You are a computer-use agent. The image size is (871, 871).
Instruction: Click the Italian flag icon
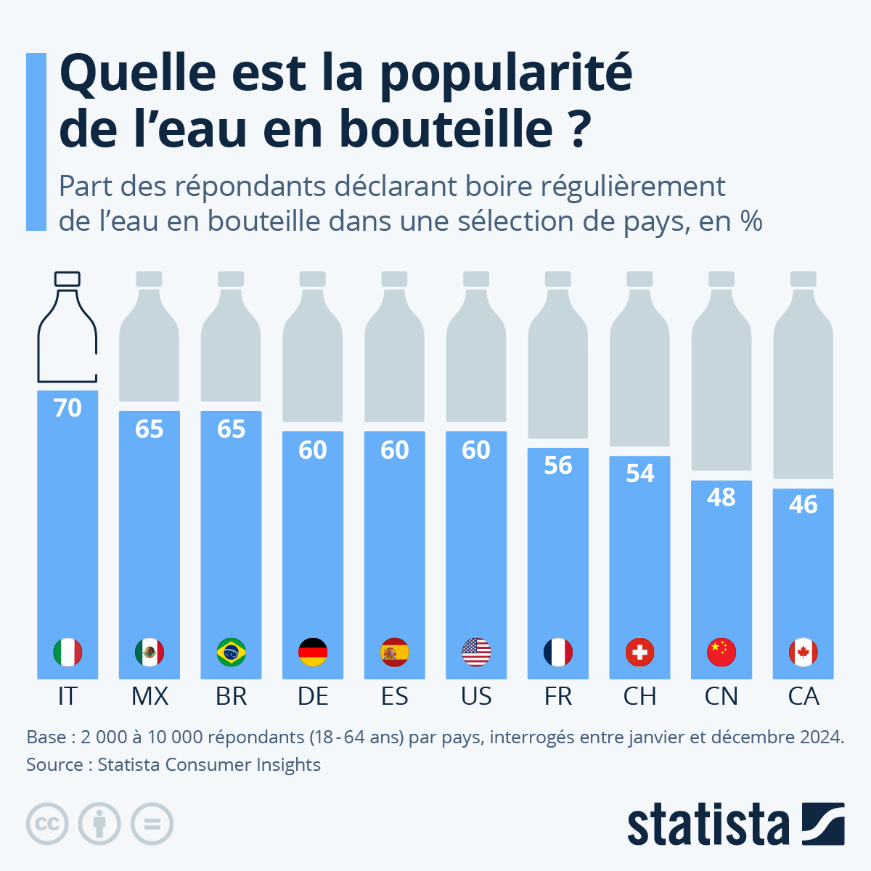coord(68,653)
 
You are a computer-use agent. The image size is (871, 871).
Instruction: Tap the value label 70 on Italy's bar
coord(68,408)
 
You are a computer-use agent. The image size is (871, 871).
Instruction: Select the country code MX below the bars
coord(150,696)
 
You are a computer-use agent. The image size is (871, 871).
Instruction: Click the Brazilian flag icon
coord(231,653)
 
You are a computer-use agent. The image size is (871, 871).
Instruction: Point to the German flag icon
coord(313,653)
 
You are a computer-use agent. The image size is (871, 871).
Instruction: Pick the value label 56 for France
coord(558,465)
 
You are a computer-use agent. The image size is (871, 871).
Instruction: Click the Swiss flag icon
coord(639,653)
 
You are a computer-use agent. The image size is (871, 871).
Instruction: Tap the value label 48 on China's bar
coord(721,497)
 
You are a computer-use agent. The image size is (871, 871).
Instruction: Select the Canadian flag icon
coord(803,653)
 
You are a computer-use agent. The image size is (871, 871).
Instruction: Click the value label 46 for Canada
coord(803,504)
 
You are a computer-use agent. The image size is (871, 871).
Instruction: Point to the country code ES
coord(395,696)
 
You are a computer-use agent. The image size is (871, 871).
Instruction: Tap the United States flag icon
coord(476,653)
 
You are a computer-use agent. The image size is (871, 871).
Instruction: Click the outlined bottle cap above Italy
coord(68,279)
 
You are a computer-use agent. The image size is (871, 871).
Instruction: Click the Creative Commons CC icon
coord(47,824)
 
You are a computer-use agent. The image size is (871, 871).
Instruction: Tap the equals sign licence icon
coord(152,824)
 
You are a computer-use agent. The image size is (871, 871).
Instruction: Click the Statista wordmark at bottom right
coord(708,825)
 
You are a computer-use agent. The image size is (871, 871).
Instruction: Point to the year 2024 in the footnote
coord(820,737)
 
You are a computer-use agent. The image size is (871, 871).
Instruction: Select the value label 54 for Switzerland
coord(639,473)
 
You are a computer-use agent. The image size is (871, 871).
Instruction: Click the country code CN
coord(721,696)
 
